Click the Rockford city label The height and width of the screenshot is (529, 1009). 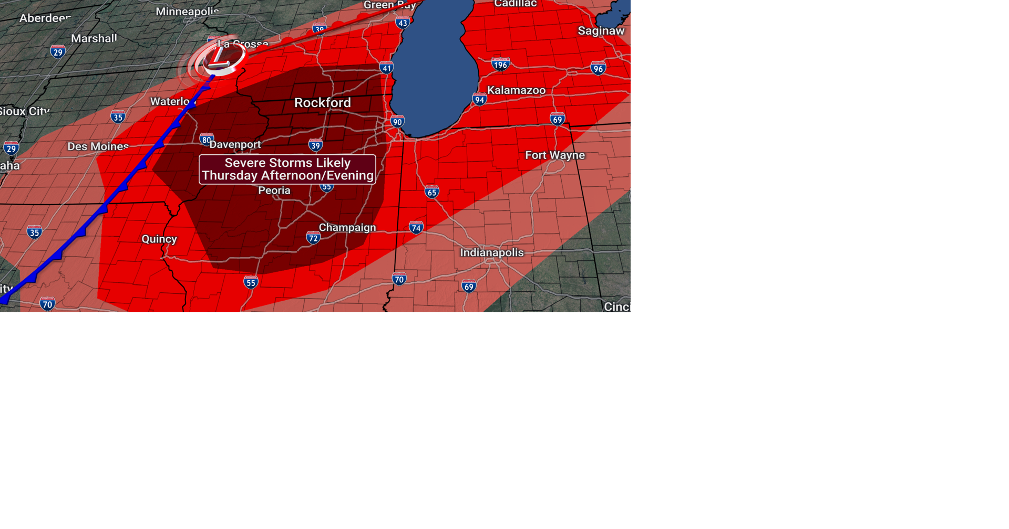[x=322, y=103]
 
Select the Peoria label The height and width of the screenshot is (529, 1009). [x=274, y=191]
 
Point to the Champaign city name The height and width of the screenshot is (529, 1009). [x=347, y=227]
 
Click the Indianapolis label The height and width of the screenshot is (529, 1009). [x=491, y=252]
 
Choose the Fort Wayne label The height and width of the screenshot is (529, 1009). [x=554, y=155]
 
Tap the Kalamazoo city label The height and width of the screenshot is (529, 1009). [x=516, y=90]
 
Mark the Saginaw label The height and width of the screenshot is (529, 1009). [x=601, y=31]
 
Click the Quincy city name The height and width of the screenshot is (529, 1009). [x=159, y=239]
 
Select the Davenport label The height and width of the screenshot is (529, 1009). [x=235, y=144]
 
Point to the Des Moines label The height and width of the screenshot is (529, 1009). [x=98, y=146]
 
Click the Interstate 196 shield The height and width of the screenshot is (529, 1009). [x=500, y=65]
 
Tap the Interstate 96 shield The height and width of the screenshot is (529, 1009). [x=598, y=68]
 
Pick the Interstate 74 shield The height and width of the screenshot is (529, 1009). [x=416, y=227]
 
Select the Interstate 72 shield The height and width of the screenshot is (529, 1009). [x=313, y=238]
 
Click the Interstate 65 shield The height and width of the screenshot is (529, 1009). [x=431, y=192]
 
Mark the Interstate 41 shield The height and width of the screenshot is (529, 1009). [x=387, y=67]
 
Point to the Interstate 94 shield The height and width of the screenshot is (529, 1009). [x=479, y=100]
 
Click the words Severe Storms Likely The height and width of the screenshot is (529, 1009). [x=287, y=163]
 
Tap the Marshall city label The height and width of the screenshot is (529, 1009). [x=94, y=38]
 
